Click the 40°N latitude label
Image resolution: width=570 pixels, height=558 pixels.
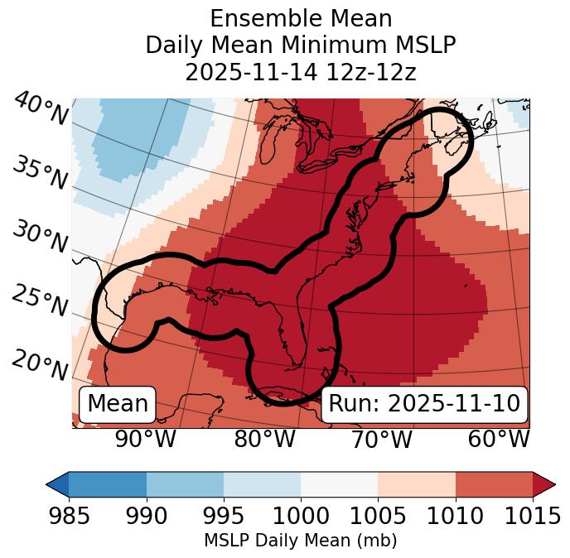[41, 110]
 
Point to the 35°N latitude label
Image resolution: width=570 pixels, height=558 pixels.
[39, 171]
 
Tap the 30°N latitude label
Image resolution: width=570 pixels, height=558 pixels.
[39, 238]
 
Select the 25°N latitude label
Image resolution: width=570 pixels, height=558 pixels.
[39, 301]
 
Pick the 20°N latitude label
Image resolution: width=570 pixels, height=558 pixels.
[39, 365]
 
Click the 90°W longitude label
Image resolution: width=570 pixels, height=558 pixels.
[145, 439]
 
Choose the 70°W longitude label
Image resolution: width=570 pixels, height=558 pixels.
[382, 439]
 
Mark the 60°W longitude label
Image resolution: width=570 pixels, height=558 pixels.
[499, 439]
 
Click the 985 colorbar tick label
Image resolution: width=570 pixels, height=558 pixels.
[70, 516]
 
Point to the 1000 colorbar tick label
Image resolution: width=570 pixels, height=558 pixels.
[301, 516]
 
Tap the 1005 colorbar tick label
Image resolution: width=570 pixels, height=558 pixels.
[378, 516]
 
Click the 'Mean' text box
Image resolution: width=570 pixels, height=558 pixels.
[118, 404]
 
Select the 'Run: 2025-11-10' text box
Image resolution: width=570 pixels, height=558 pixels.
[424, 404]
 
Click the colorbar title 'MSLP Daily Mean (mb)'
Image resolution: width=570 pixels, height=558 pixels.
[301, 541]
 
